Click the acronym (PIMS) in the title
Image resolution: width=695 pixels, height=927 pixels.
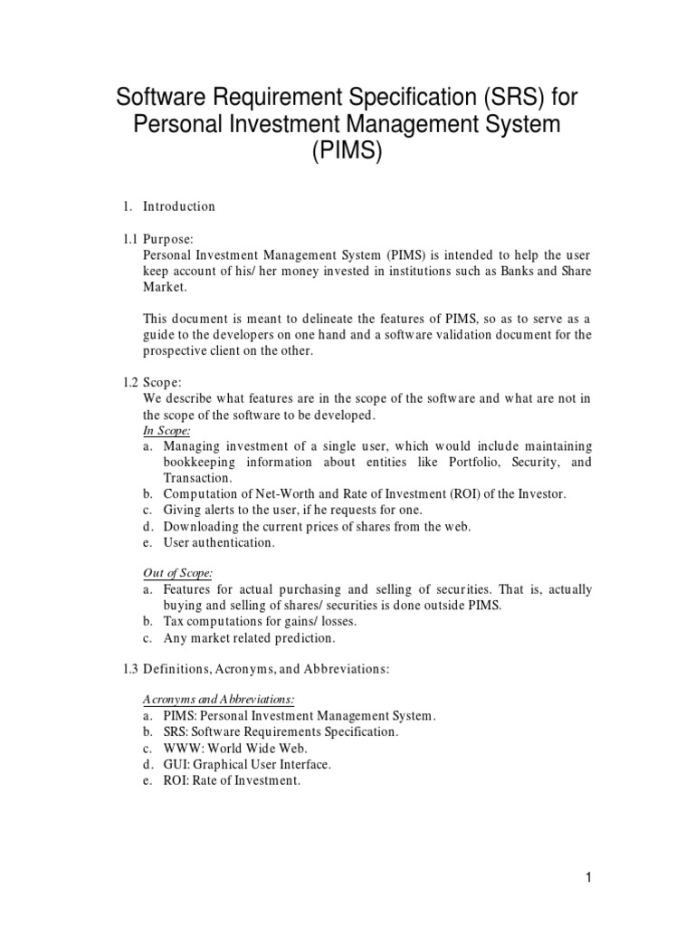[347, 152]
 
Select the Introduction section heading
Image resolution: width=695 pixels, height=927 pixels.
[179, 206]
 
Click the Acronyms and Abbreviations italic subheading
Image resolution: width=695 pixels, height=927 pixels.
[220, 700]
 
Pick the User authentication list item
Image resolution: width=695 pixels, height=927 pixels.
[218, 542]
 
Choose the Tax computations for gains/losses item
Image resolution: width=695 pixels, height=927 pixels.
[260, 621]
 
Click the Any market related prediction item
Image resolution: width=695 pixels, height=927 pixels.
[249, 637]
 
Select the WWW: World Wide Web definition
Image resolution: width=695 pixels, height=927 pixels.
[235, 748]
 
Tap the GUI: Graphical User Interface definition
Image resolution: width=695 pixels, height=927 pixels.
[247, 764]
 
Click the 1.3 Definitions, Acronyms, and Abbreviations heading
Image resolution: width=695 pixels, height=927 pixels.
[266, 668]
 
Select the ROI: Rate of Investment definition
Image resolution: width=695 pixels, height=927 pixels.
[231, 780]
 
